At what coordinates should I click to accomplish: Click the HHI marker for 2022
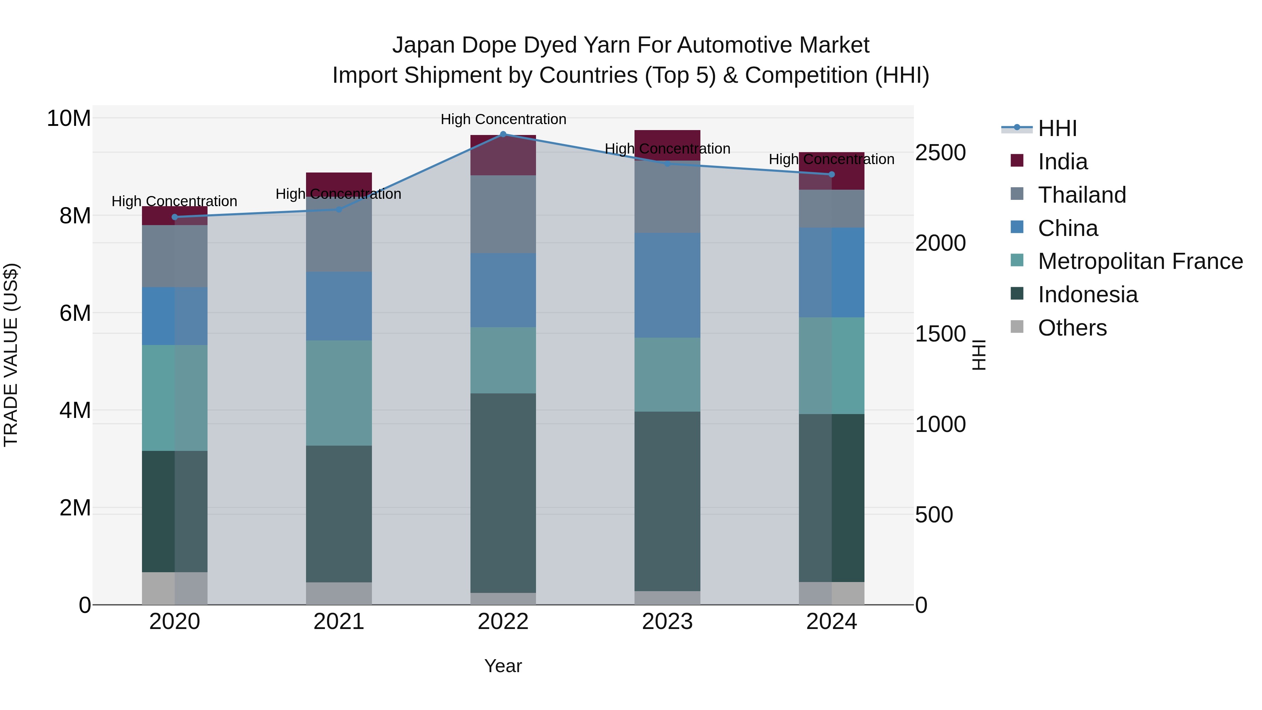503,134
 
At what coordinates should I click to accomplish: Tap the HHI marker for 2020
175,217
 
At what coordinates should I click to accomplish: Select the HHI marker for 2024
832,175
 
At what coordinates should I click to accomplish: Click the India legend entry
1062,162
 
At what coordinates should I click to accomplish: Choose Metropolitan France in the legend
1140,261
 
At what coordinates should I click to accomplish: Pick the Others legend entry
1072,328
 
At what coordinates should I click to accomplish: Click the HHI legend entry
1057,128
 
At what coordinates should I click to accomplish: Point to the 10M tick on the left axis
69,119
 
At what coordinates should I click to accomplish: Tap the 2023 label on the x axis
667,622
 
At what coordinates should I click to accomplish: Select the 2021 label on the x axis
339,622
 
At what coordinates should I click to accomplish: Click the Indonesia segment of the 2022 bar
503,493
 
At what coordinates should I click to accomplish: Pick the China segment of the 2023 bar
667,285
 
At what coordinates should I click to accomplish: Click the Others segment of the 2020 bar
175,588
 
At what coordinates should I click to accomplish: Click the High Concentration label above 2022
503,119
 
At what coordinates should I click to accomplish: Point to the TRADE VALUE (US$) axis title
11,355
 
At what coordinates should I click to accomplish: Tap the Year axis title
503,666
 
